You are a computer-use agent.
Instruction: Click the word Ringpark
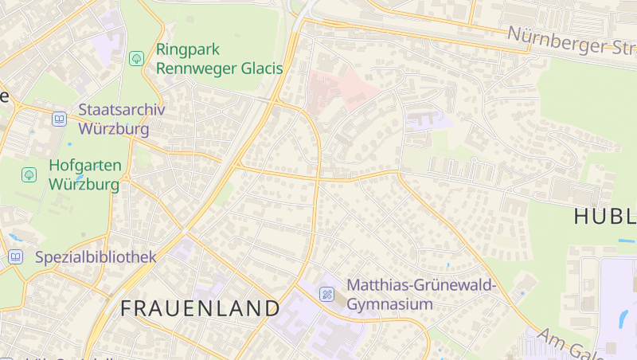coord(188,49)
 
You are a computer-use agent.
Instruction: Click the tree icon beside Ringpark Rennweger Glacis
coord(136,58)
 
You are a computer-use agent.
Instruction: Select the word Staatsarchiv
coord(122,109)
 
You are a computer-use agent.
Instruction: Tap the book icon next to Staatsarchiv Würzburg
coord(59,119)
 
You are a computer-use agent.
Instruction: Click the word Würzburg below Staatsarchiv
coord(114,128)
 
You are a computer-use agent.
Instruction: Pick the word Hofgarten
coord(85,166)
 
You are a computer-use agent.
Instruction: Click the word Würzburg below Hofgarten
coord(84,185)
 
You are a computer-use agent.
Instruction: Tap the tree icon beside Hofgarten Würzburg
coord(29,174)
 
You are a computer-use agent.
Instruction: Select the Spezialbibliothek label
coord(96,256)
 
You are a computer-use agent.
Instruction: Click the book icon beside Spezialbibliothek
coord(15,256)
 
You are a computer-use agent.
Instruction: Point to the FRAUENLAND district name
coord(201,308)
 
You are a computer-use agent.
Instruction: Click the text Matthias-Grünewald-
coord(421,285)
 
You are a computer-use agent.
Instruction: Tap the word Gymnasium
coord(390,304)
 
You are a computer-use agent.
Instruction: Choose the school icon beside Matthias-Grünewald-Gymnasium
coord(326,295)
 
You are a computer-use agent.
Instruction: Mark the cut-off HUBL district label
coord(604,216)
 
